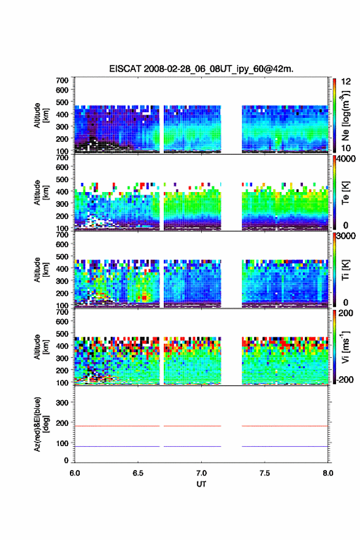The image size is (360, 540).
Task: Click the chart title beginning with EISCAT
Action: point(201,69)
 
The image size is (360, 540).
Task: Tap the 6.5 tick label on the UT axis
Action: point(138,473)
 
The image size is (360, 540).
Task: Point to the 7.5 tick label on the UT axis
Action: point(265,473)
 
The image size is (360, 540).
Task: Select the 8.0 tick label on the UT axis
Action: point(328,473)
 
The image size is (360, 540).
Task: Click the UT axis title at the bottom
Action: point(201,484)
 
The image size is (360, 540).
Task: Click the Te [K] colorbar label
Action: point(345,193)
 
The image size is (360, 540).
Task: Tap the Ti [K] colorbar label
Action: point(345,269)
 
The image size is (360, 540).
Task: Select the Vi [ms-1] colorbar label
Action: point(345,347)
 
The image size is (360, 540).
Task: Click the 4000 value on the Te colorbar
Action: point(347,159)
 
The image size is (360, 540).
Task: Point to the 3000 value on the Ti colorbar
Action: point(347,236)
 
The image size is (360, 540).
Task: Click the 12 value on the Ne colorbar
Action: point(346,81)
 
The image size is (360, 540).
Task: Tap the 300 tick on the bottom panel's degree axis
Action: point(62,403)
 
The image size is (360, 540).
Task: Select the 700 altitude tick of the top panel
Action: point(62,80)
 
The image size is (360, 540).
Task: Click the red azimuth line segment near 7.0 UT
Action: point(193,426)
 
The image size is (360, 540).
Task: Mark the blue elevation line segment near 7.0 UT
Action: point(193,446)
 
